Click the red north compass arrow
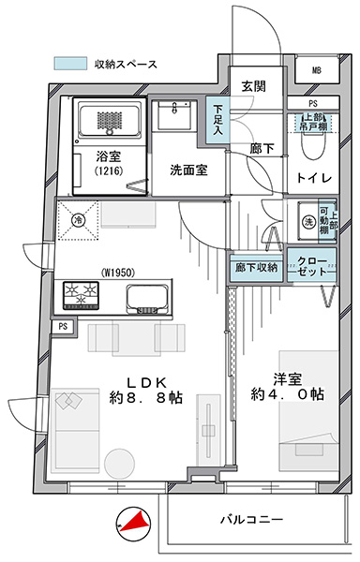coord(136,522)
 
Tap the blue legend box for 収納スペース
coord(70,64)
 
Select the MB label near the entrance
coord(316,70)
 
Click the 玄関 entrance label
coord(253,86)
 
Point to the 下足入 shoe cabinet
coord(217,119)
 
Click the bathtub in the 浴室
coord(110,118)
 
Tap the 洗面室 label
coord(188,170)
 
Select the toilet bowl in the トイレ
coord(313,143)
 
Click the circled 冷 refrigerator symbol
coord(78,220)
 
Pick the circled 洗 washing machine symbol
coord(308,222)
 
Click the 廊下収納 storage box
coord(256,267)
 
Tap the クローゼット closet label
coord(312,266)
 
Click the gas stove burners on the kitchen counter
coord(81,295)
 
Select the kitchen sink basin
coord(147,296)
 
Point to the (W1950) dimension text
coord(118,274)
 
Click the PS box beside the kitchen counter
coord(64,327)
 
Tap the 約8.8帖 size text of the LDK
coord(146,398)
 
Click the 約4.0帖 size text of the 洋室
coord(288,394)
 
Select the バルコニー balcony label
coord(251,519)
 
